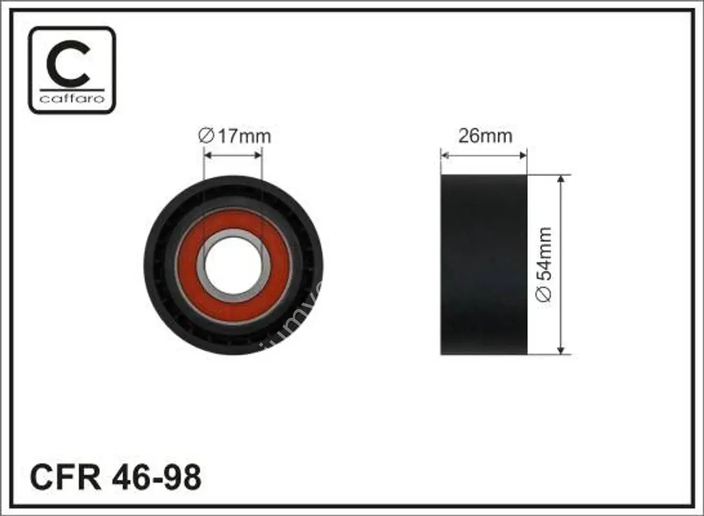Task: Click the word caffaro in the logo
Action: [x=72, y=98]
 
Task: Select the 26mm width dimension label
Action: [x=485, y=136]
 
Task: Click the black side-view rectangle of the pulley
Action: [x=484, y=265]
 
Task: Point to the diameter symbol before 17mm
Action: [x=206, y=136]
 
